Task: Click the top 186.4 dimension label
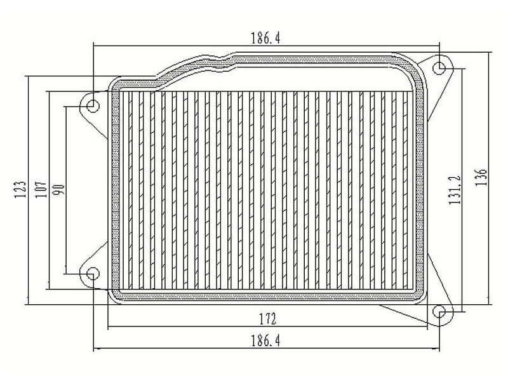[x=266, y=39]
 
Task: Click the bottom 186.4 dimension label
[x=266, y=341]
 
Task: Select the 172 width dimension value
[x=267, y=317]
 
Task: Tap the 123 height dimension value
[x=19, y=189]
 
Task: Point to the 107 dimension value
[x=41, y=189]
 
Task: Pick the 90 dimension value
[x=61, y=189]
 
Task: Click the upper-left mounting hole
[x=93, y=105]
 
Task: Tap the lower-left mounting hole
[x=93, y=274]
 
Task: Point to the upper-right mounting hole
[x=439, y=67]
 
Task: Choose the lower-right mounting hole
[x=439, y=311]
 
